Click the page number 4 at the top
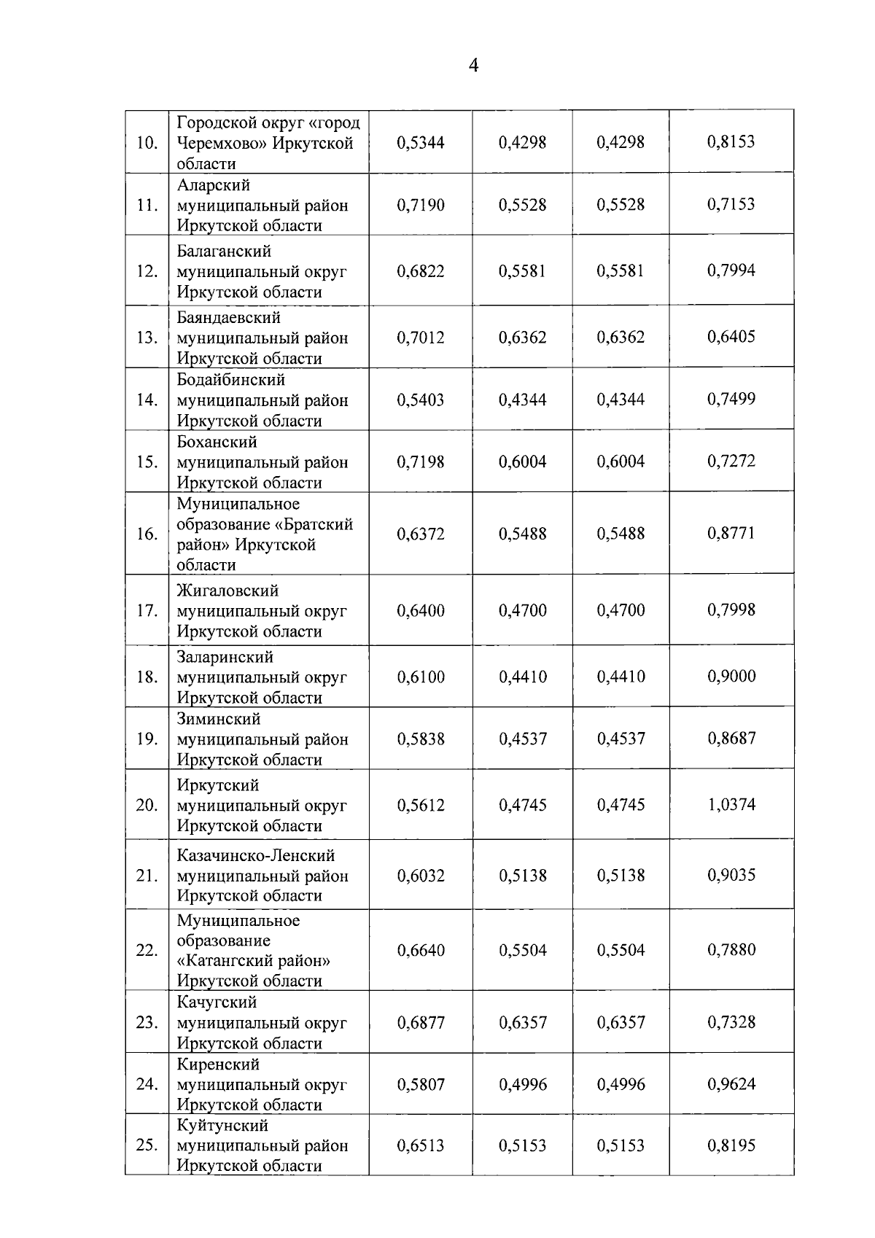click(x=473, y=66)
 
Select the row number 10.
click(x=147, y=143)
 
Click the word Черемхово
click(x=221, y=143)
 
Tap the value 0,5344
click(x=421, y=143)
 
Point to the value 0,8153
click(x=731, y=142)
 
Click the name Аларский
click(x=213, y=185)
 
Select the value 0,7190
click(x=421, y=205)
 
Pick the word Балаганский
click(x=224, y=251)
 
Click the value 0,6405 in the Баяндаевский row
click(x=731, y=337)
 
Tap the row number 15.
click(x=147, y=462)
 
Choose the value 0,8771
click(x=731, y=533)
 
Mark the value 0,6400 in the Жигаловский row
click(x=421, y=610)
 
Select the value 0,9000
click(x=731, y=676)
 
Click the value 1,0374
click(x=731, y=805)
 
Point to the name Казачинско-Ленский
click(x=256, y=855)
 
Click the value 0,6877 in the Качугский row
click(x=421, y=1023)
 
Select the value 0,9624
click(x=731, y=1084)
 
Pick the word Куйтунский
click(x=222, y=1126)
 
